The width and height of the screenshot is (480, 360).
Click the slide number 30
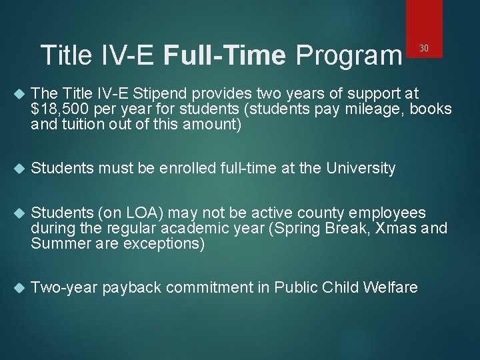pos(423,47)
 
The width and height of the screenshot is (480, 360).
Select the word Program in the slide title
pos(346,55)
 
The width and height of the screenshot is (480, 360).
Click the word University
pos(361,169)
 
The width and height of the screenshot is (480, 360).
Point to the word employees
pos(389,213)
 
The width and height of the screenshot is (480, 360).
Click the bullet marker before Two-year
pos(18,288)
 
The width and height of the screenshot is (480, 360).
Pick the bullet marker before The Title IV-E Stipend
pos(18,94)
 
